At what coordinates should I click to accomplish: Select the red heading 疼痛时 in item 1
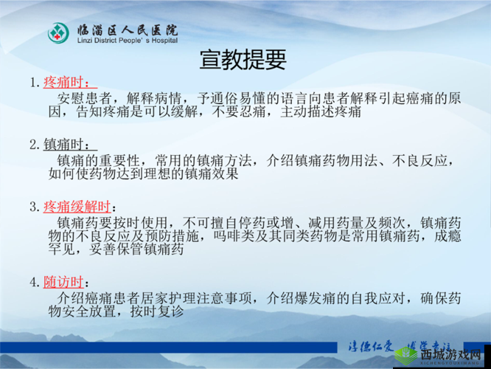click(x=69, y=81)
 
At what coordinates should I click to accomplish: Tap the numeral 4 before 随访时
click(x=33, y=282)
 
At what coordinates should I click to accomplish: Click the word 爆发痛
click(x=315, y=298)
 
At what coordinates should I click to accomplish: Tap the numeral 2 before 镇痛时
click(x=33, y=143)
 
